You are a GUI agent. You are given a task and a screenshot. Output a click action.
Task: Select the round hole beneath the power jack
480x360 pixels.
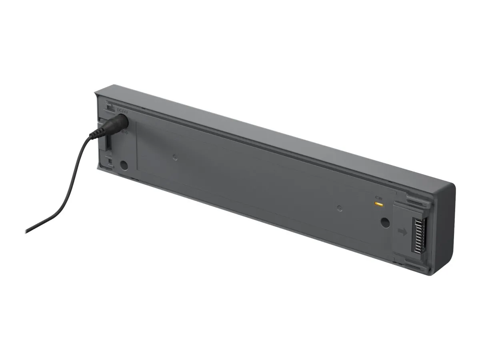pyautogui.click(x=124, y=165)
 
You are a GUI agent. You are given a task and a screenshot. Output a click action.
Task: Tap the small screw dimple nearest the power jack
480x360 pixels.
pyautogui.click(x=175, y=157)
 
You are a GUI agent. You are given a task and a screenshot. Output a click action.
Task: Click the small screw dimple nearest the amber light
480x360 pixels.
pyautogui.click(x=340, y=208)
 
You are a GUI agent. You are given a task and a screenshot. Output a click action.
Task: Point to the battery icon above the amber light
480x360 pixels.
pyautogui.click(x=378, y=198)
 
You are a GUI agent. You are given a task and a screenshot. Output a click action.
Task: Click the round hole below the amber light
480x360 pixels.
pyautogui.click(x=385, y=222)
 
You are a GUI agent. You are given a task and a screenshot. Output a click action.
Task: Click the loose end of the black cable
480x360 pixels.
pyautogui.click(x=27, y=231)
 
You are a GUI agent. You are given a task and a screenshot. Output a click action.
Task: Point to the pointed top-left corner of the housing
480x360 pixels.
pyautogui.click(x=96, y=93)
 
